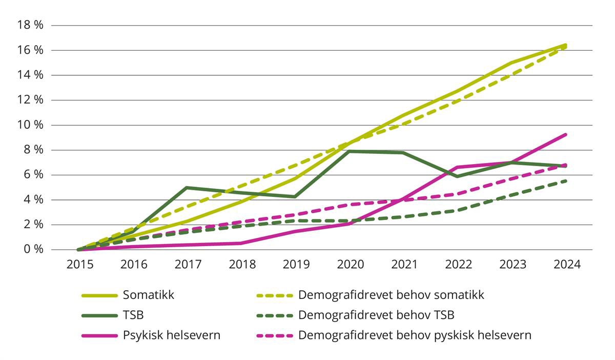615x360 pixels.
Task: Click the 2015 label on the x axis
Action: [x=79, y=265]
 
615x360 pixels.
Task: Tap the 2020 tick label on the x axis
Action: [x=350, y=265]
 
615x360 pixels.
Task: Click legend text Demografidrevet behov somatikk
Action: [x=391, y=295]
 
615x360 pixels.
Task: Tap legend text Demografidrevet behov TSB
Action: [x=376, y=315]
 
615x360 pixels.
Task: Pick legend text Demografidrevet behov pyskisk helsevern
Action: [x=415, y=335]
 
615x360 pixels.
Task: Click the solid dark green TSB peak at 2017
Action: [x=188, y=188]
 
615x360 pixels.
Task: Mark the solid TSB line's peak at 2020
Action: [x=350, y=151]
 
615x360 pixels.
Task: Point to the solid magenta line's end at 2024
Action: [x=566, y=134]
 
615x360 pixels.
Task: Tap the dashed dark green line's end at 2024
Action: [x=566, y=181]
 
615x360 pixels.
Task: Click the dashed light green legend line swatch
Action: [x=274, y=296]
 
